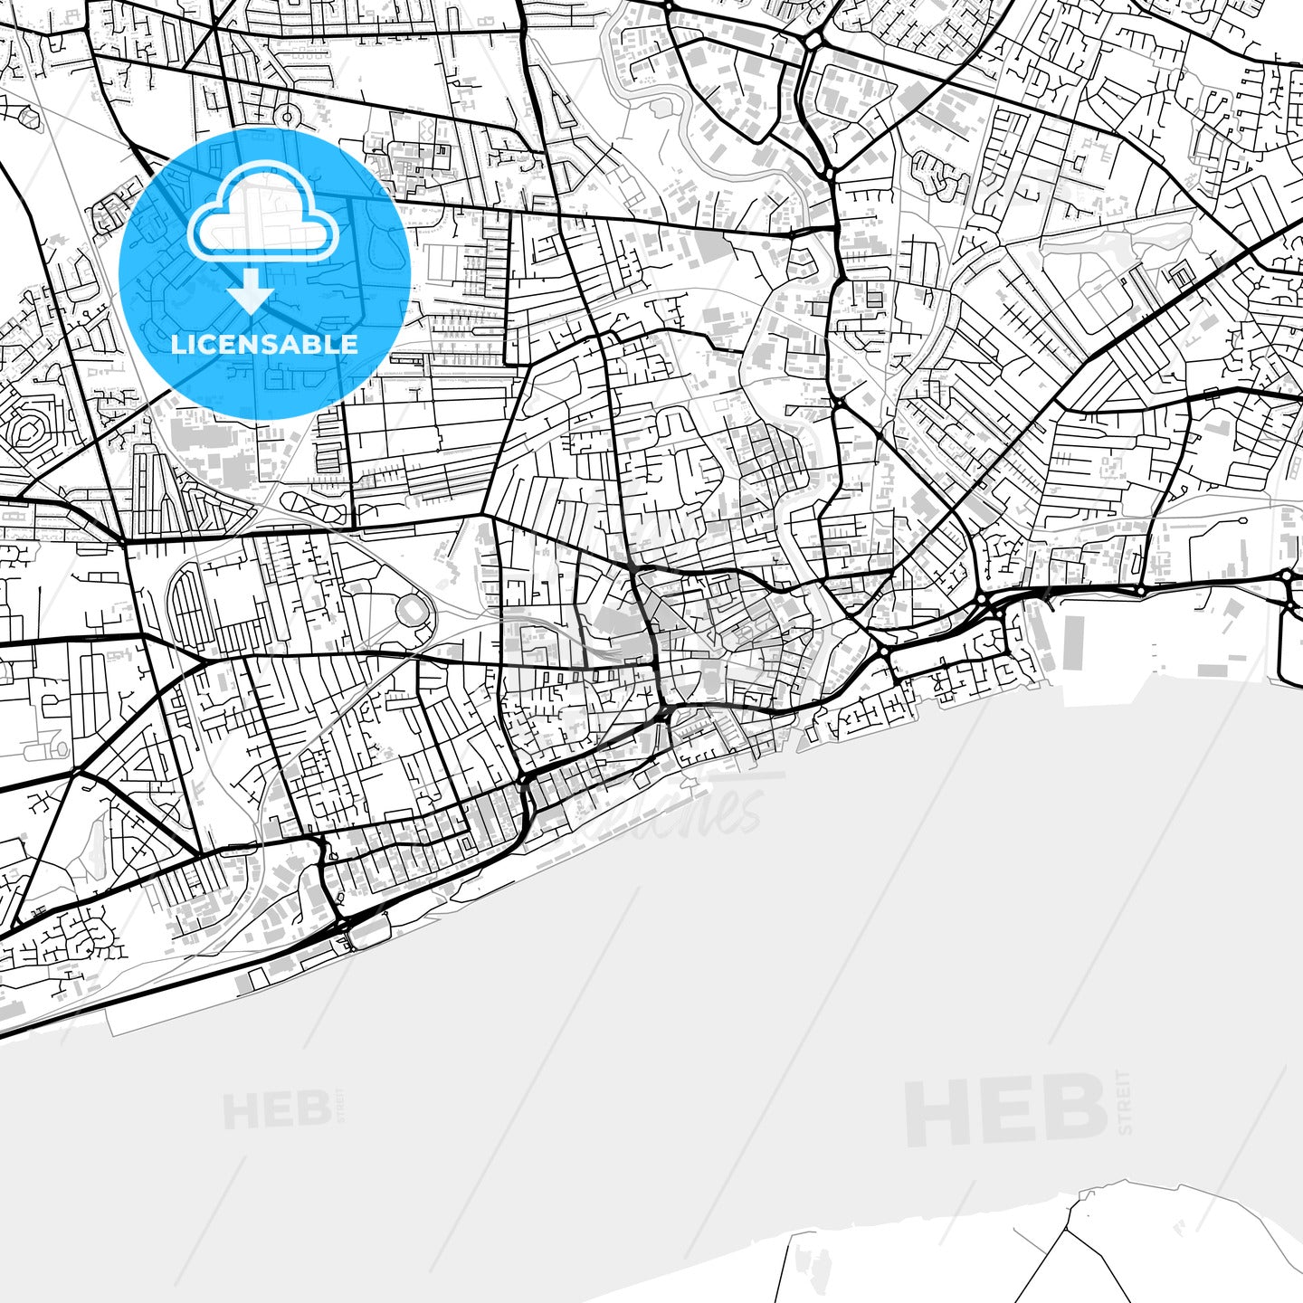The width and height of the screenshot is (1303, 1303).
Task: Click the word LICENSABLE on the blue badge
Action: pyautogui.click(x=264, y=344)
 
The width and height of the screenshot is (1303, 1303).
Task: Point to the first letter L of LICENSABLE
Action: pyautogui.click(x=176, y=344)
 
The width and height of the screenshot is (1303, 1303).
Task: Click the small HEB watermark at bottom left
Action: pyautogui.click(x=277, y=1110)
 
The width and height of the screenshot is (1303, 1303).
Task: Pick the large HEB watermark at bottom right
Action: pyautogui.click(x=1005, y=1109)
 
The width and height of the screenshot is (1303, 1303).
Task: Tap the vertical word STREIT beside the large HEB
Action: pyautogui.click(x=1125, y=1101)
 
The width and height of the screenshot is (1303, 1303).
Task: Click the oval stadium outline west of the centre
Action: pyautogui.click(x=414, y=612)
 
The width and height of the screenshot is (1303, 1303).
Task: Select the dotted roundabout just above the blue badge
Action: pyautogui.click(x=289, y=116)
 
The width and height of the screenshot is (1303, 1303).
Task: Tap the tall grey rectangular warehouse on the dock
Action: pyautogui.click(x=1073, y=643)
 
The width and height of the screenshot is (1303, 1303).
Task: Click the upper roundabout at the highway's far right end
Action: pyautogui.click(x=1287, y=575)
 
